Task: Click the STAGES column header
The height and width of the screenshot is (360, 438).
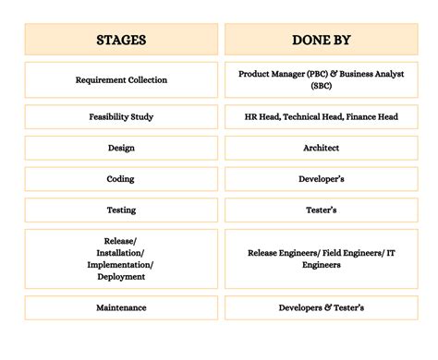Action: pos(121,40)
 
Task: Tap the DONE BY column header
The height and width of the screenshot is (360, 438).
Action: pos(321,40)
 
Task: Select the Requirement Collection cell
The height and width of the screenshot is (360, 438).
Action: pos(121,80)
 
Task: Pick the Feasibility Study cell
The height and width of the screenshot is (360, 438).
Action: pos(121,117)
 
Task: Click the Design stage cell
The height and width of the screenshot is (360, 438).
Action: pos(121,148)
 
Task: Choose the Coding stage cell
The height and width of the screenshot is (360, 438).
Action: pos(121,179)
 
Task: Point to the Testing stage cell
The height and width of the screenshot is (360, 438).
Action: pos(121,210)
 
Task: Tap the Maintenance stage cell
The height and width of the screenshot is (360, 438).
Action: pos(121,307)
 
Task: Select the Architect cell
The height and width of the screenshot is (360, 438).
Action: pos(321,148)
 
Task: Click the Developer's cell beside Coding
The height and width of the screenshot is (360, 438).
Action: pos(321,179)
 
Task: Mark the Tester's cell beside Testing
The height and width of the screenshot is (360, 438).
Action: pos(321,210)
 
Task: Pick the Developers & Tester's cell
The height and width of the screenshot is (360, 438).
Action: pos(321,307)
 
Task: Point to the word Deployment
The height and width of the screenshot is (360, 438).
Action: pos(121,276)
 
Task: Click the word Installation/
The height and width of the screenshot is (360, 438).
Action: pos(121,252)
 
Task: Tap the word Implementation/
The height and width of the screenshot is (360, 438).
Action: pos(121,264)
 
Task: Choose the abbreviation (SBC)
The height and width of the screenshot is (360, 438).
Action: pos(321,87)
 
